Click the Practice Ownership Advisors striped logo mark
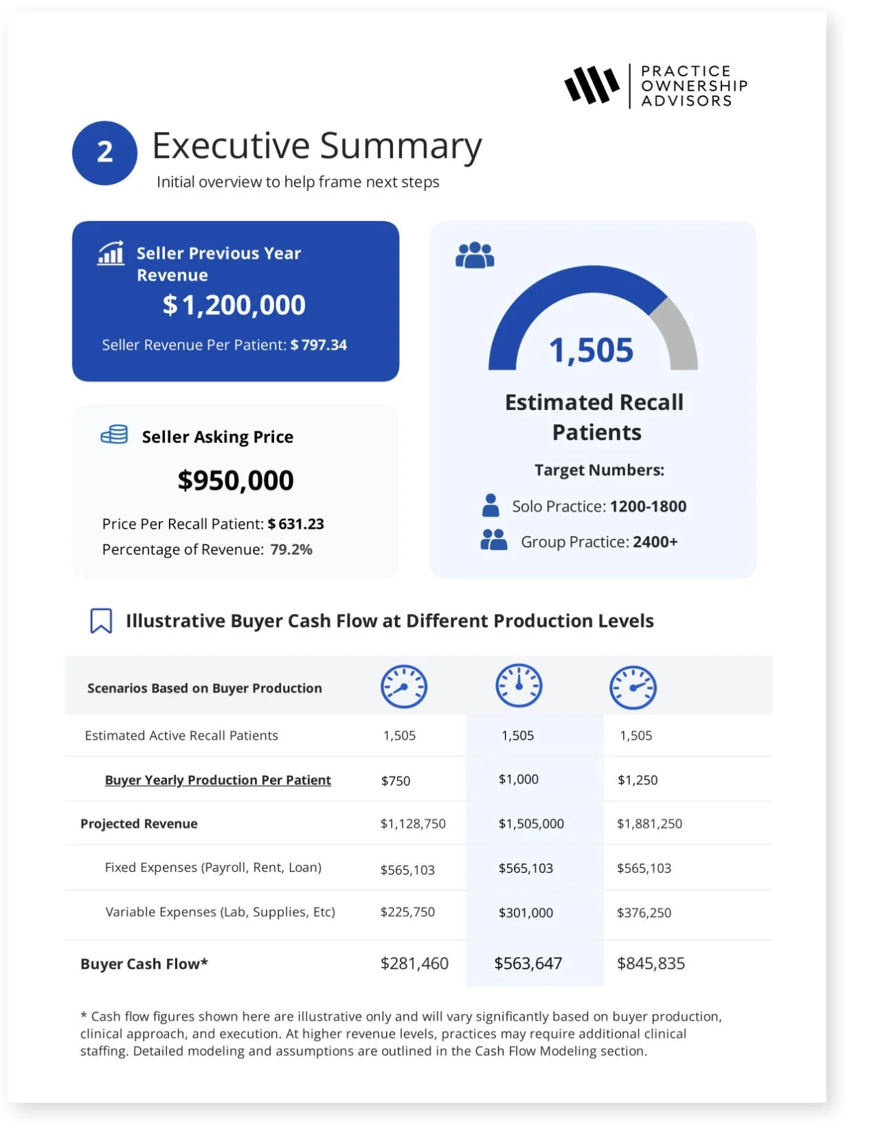pos(591,86)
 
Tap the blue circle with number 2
pos(104,152)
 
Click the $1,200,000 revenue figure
pos(234,305)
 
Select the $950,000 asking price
pos(236,480)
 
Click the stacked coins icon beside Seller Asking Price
pos(114,435)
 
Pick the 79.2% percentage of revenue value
pos(291,549)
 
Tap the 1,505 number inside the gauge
pos(591,350)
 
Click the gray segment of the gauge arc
pos(677,330)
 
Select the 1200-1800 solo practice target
pos(648,507)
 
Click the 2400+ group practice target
pos(655,542)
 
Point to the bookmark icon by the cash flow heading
pos(101,621)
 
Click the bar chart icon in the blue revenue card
pos(111,253)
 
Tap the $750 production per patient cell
pos(396,781)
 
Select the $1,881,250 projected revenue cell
pos(649,823)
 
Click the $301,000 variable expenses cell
pos(526,913)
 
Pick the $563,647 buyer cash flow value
pos(528,963)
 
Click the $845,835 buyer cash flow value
pos(651,963)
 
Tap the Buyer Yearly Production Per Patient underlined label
pos(218,780)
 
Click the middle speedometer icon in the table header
pos(519,686)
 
